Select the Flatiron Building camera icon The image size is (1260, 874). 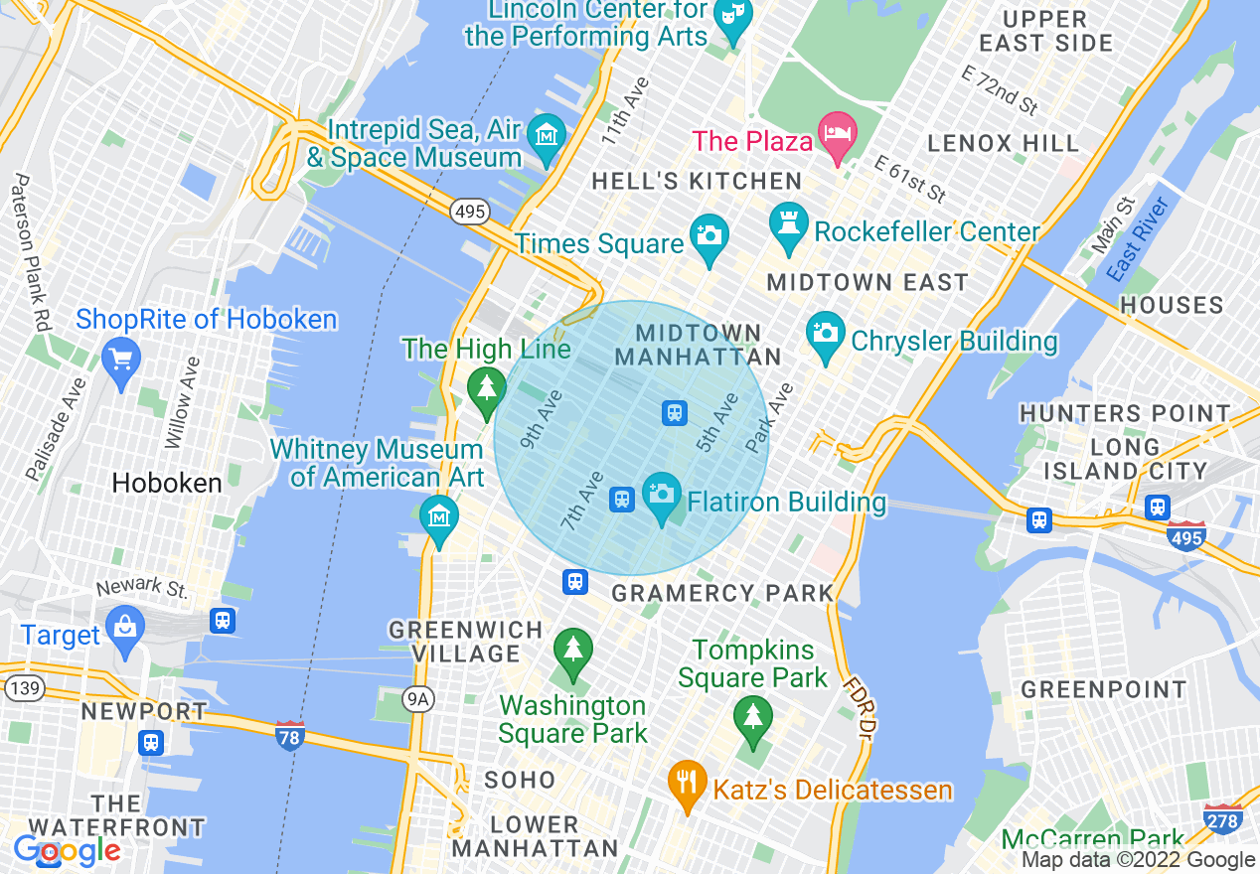click(x=661, y=494)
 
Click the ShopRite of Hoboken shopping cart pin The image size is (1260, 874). click(x=121, y=358)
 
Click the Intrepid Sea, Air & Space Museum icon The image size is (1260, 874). click(x=546, y=133)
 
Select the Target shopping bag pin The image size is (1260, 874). click(x=125, y=627)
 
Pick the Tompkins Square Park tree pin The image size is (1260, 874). click(x=752, y=717)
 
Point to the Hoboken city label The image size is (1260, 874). click(x=167, y=484)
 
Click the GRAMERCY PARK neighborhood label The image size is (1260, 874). click(x=722, y=594)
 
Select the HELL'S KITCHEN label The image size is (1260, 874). click(x=696, y=182)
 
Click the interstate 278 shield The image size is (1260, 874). click(x=1222, y=818)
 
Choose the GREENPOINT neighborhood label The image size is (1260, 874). click(x=1103, y=689)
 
